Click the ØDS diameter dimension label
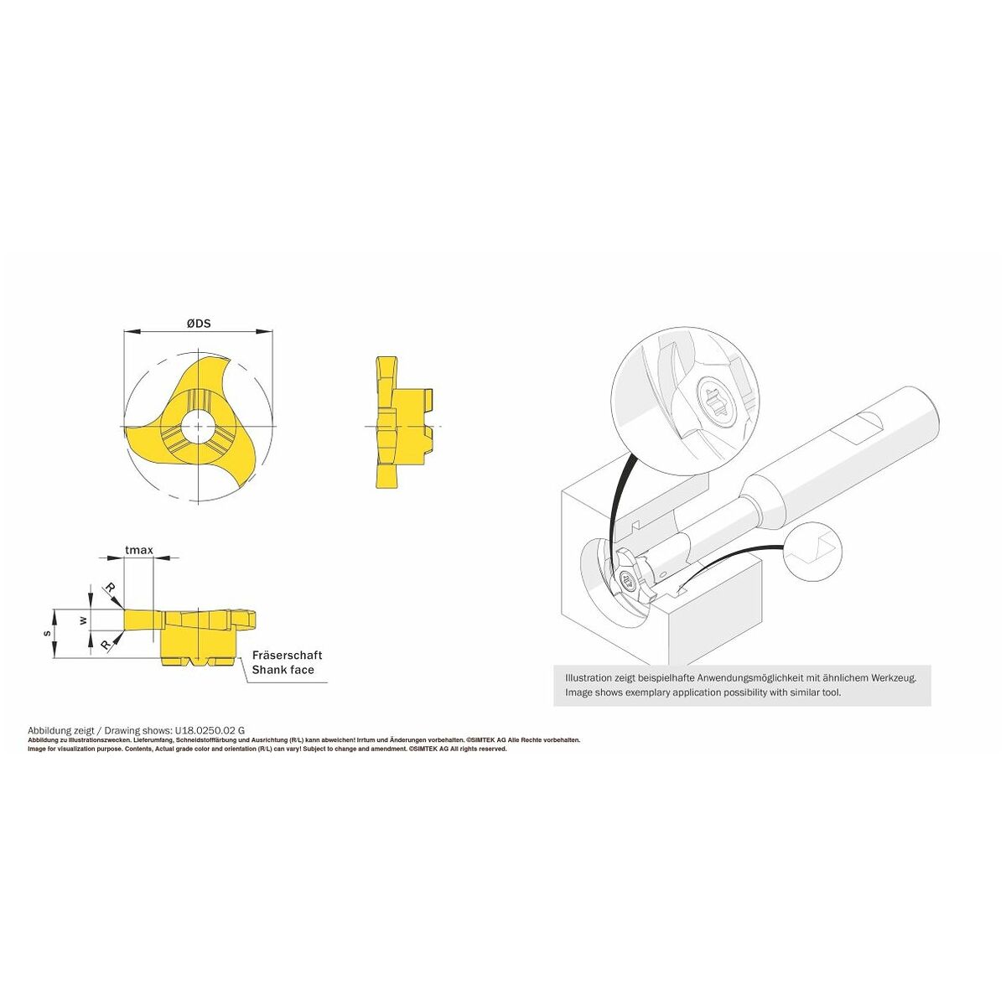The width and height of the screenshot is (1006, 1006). point(198,323)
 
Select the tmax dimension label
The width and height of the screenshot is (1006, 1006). point(138,550)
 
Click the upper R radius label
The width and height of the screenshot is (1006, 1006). point(110,589)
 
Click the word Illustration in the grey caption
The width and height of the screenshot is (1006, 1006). point(590,677)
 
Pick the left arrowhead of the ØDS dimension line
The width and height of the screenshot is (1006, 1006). point(128,333)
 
